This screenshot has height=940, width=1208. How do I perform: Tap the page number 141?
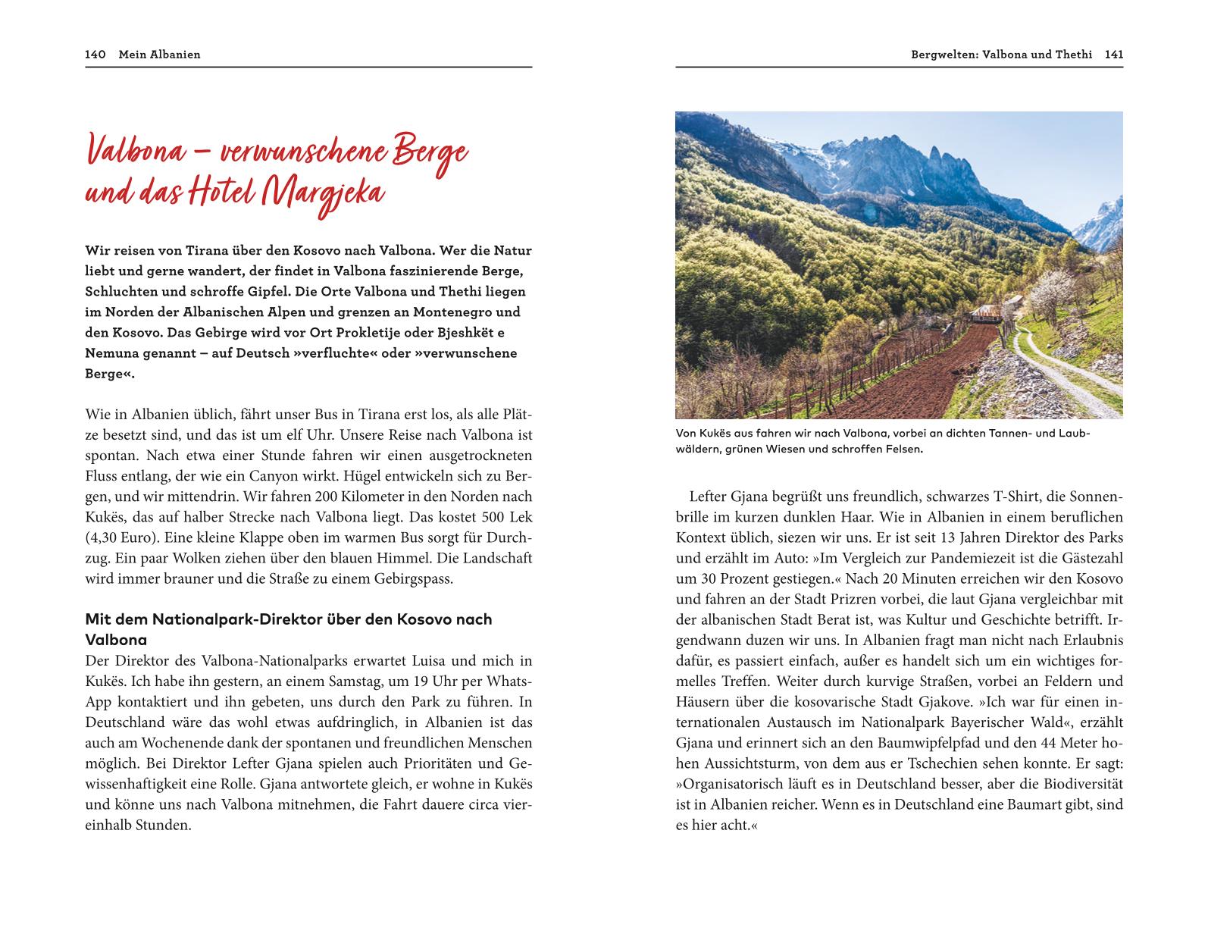click(x=1113, y=55)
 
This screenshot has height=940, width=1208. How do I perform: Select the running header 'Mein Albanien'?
click(x=159, y=55)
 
